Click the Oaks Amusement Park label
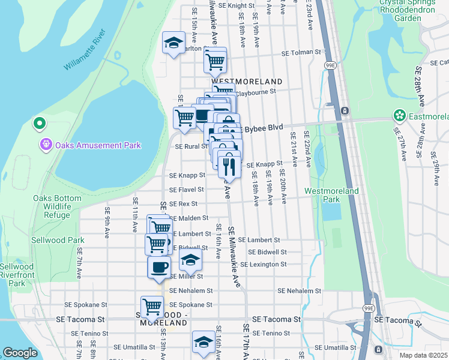tap(98, 145)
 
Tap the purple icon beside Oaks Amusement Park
tap(46, 145)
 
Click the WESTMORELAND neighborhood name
tap(246, 81)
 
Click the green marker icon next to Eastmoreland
tap(399, 115)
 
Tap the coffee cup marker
tap(159, 268)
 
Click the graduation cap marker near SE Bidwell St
tap(190, 260)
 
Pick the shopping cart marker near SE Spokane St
tap(152, 307)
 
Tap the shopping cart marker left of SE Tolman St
tap(214, 60)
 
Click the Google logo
tap(20, 353)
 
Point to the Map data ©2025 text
tap(423, 355)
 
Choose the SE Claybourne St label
tap(253, 92)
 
